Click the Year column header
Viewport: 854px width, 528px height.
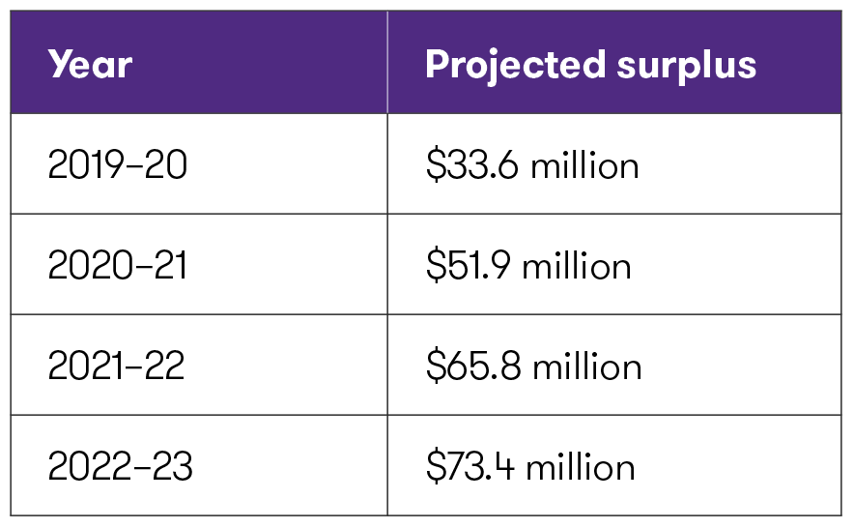click(x=90, y=64)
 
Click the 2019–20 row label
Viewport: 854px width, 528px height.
click(x=117, y=165)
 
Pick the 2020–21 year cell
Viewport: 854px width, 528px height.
click(x=117, y=266)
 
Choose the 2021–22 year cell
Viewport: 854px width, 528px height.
click(x=116, y=367)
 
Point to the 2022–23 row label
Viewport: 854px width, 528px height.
click(x=120, y=467)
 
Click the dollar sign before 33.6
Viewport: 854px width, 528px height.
click(x=434, y=165)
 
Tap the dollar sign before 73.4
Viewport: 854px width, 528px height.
click(x=434, y=467)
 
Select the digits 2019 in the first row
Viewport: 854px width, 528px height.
click(x=85, y=165)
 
